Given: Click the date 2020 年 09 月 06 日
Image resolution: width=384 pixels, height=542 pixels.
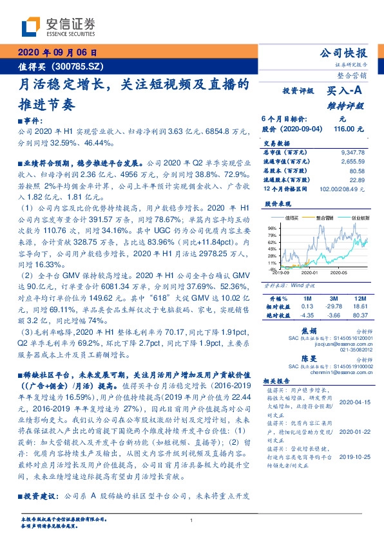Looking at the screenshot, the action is point(57,53).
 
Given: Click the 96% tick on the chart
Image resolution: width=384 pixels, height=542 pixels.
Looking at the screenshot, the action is point(271,228).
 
